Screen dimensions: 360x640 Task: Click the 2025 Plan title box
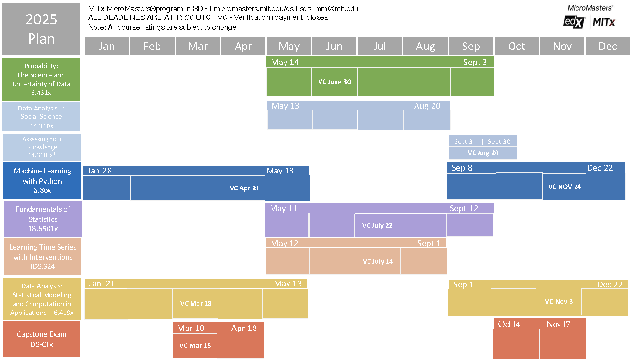[x=41, y=29]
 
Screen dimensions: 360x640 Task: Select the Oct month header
[x=516, y=46]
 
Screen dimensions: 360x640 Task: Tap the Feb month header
[x=152, y=46]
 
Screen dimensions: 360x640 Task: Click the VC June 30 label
[x=334, y=82]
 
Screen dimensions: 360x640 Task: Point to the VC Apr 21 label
[x=245, y=188]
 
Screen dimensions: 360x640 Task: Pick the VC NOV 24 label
[x=564, y=187]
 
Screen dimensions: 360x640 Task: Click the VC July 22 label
[x=377, y=225]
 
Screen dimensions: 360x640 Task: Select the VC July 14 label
[x=378, y=261]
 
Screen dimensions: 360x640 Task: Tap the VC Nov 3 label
[x=559, y=301]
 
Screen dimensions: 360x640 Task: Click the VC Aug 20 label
[x=483, y=153]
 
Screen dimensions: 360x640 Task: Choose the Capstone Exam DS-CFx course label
[x=42, y=339]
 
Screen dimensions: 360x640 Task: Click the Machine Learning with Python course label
[x=42, y=181]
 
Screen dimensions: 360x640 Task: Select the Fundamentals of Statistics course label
[x=43, y=219]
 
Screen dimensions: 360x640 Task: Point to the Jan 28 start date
[x=100, y=170]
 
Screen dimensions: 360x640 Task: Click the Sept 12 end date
[x=464, y=208]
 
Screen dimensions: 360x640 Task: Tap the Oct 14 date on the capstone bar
[x=509, y=324]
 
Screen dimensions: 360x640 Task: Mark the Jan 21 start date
[x=102, y=283]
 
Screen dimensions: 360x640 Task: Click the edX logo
[x=575, y=22]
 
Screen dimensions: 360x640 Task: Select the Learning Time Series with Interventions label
[x=43, y=257]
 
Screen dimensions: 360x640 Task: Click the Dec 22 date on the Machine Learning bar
[x=600, y=168]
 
